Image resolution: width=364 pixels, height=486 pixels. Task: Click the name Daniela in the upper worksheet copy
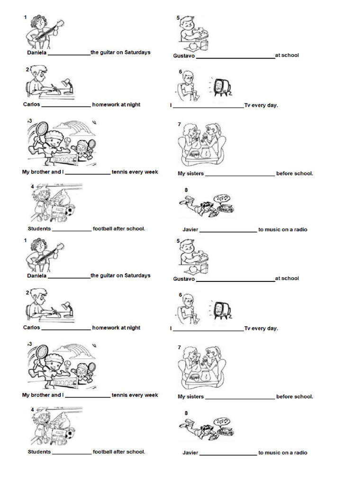click(36, 53)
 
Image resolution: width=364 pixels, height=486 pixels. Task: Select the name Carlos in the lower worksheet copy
click(32, 327)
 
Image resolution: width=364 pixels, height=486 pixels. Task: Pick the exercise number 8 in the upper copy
click(186, 190)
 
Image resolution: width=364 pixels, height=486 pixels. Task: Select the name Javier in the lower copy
click(190, 453)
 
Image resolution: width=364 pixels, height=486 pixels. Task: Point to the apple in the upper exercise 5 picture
click(192, 46)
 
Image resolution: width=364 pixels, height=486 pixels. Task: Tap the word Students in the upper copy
click(39, 229)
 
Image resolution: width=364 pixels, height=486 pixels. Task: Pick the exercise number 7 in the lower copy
click(179, 347)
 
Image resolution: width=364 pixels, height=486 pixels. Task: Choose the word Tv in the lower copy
click(247, 328)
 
